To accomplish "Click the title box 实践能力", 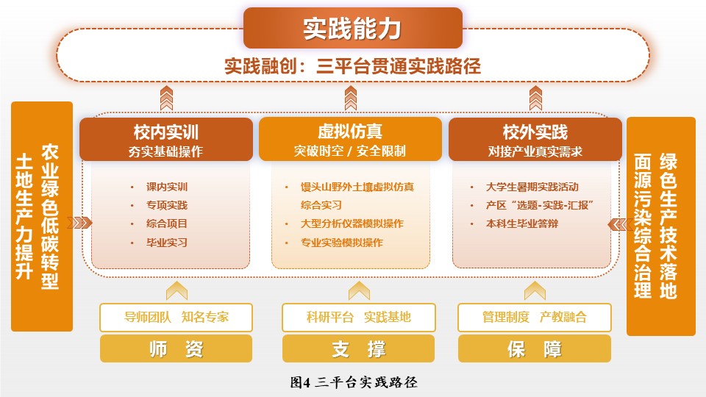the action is coord(352,28).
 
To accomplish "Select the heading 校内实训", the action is coord(165,132).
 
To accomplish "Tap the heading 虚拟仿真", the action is coord(350,132).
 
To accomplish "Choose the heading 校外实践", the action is coord(535,132).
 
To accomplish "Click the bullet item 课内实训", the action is coord(167,187).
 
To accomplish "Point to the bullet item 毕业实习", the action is coord(167,243).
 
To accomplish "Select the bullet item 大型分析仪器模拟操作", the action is coord(352,223).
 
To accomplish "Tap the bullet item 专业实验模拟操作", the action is coord(342,243).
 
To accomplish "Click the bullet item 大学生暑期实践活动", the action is coord(532,187).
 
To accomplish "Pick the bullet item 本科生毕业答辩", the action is coord(522,223).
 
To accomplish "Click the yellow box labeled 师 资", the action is coord(176,348).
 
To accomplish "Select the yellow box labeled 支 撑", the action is coord(358,348).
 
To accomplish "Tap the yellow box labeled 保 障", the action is coord(535,348).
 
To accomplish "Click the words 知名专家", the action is coord(205,318).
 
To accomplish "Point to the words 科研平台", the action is coord(330,318).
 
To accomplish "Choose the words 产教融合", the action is coord(563,318).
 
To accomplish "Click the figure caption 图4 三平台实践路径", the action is coord(354,382).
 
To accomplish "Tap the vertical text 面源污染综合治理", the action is coord(643,226).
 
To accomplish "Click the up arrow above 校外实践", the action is coord(535,98).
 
